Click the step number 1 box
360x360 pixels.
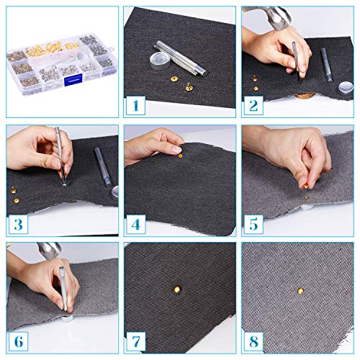(x=135, y=106)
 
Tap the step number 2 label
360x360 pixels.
(x=252, y=106)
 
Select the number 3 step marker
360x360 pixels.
(x=17, y=224)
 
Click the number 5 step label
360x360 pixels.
(x=253, y=224)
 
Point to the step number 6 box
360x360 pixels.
(x=17, y=341)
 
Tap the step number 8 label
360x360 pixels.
(x=253, y=341)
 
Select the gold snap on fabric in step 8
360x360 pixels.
(x=300, y=291)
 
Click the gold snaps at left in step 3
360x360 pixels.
(x=17, y=190)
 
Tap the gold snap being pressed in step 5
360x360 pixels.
(x=305, y=186)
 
